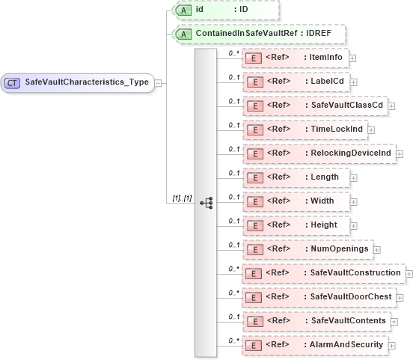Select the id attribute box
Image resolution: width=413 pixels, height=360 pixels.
coord(225,10)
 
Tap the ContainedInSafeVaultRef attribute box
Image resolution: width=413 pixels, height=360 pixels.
coord(258,34)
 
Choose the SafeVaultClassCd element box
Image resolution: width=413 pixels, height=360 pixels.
coord(313,106)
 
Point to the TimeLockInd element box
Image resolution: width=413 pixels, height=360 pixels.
coord(304,130)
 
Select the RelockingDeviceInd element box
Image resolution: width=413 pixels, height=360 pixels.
coord(318,153)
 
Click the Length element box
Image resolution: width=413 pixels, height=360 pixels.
coord(295,178)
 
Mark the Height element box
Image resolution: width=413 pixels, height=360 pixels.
coord(295,225)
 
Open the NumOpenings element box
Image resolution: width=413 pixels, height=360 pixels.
coord(306,249)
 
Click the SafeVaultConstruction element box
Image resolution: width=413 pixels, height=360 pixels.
coord(322,273)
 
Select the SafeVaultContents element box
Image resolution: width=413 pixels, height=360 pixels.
coord(315,321)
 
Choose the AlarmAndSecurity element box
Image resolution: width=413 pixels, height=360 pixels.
coord(314,345)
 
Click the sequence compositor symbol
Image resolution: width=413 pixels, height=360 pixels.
coord(206,202)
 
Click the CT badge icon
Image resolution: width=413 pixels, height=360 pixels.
coord(13,82)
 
